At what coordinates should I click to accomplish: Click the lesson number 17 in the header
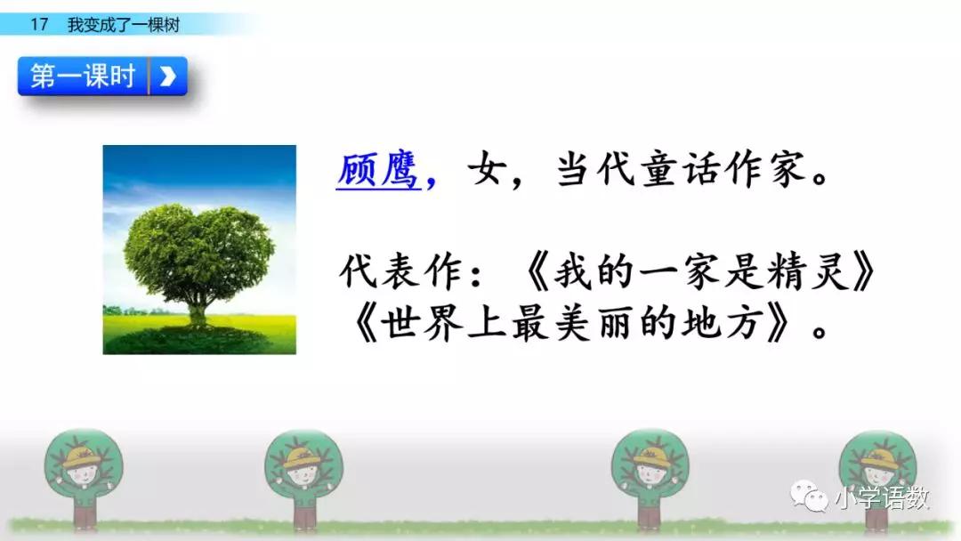(x=39, y=25)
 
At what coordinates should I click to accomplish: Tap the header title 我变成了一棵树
(x=124, y=25)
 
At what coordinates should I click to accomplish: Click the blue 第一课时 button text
(x=83, y=76)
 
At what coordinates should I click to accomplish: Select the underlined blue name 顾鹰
(x=377, y=169)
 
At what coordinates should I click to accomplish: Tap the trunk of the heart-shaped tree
(x=198, y=311)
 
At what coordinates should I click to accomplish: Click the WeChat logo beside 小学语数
(x=809, y=496)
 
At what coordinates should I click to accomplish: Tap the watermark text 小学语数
(x=882, y=498)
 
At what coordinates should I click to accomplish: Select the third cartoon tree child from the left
(x=650, y=478)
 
